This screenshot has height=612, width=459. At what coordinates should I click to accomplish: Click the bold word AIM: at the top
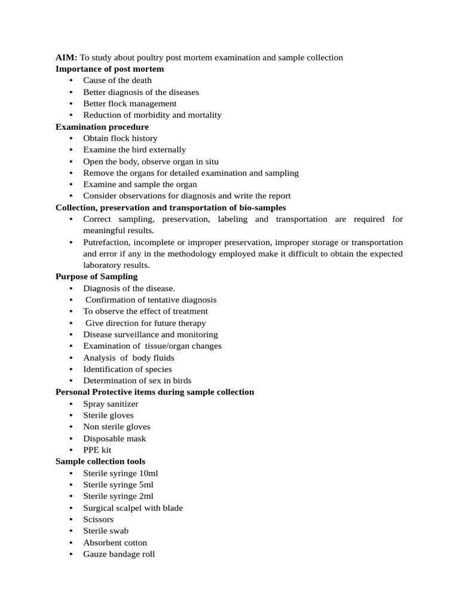point(66,57)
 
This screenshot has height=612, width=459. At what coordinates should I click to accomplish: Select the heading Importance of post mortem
point(109,69)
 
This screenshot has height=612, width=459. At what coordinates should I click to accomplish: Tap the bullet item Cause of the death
point(117,80)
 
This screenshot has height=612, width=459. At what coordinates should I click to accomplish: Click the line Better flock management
point(130,103)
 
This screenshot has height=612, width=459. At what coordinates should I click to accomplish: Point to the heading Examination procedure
point(102,127)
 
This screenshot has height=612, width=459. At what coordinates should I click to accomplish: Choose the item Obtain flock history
point(120,138)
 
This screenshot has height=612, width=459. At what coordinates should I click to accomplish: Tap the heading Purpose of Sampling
point(96,277)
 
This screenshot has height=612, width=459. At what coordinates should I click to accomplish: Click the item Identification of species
point(127,369)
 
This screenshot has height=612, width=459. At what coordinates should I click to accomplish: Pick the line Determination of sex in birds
point(137,381)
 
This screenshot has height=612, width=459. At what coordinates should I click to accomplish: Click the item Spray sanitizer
point(111,404)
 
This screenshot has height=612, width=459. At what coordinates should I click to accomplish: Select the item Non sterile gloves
point(117,427)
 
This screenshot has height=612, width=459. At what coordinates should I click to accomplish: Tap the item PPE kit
point(97,450)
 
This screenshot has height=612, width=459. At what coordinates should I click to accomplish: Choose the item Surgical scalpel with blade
point(133,508)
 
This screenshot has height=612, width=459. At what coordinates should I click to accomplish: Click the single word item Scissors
point(98,519)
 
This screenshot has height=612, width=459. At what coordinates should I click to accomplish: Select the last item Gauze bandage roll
point(119,554)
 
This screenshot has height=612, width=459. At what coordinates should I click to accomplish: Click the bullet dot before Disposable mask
point(71,439)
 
